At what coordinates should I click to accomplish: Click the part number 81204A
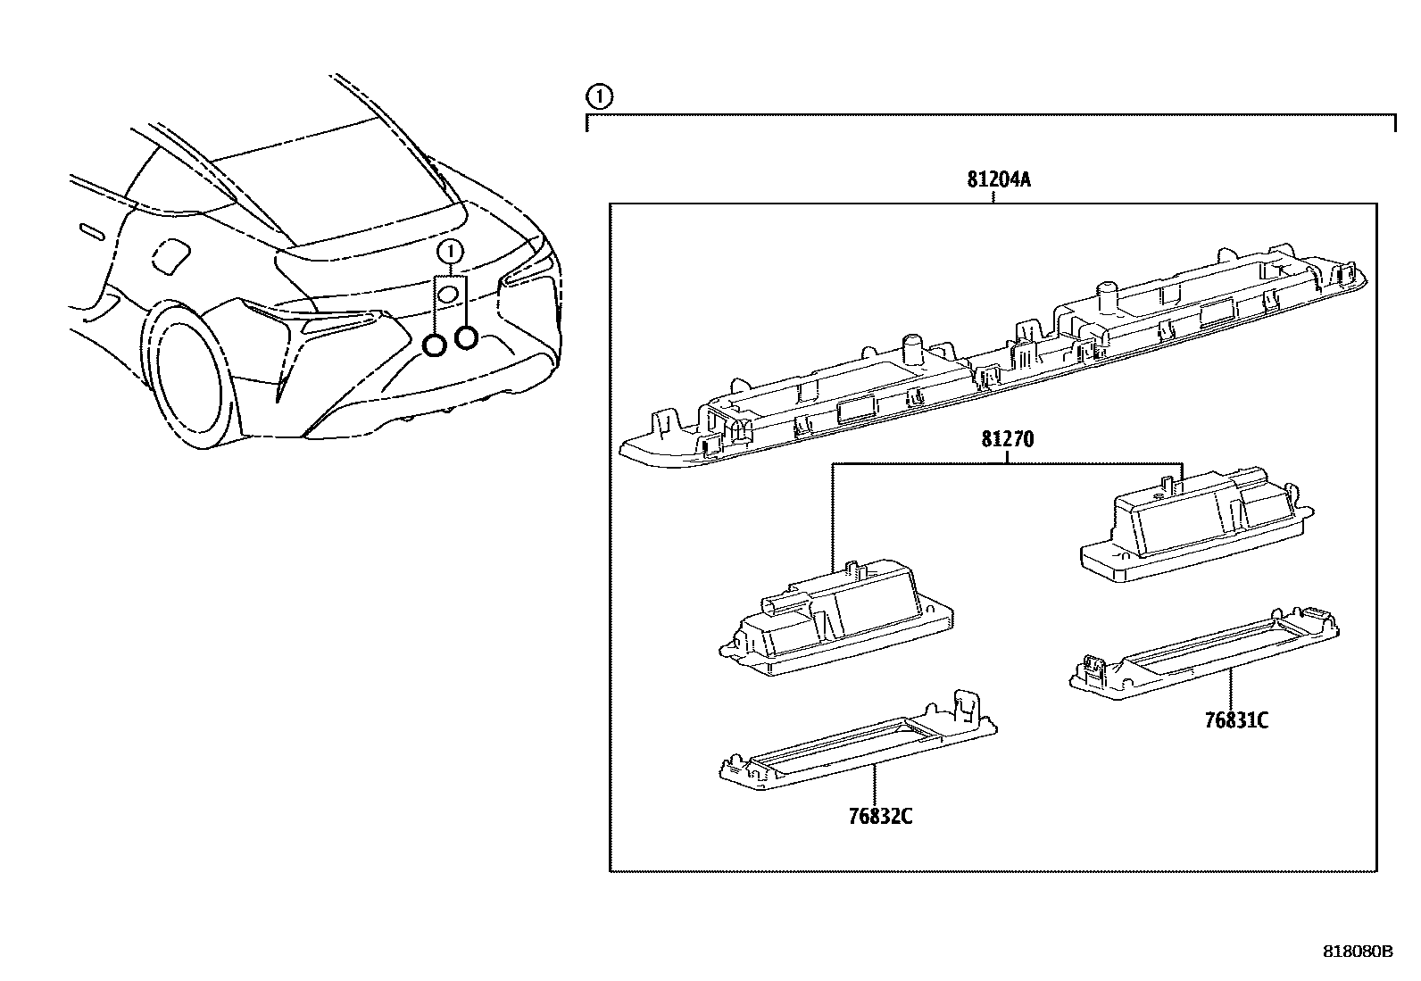click(998, 179)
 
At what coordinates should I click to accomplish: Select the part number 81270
click(1008, 440)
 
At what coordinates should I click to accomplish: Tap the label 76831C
click(1236, 721)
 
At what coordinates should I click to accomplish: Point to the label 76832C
click(880, 816)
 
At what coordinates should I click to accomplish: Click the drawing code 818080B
click(1357, 952)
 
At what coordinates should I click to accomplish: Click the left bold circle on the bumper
click(435, 345)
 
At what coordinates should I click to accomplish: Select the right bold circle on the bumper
click(466, 337)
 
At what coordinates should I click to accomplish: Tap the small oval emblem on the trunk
click(449, 294)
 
